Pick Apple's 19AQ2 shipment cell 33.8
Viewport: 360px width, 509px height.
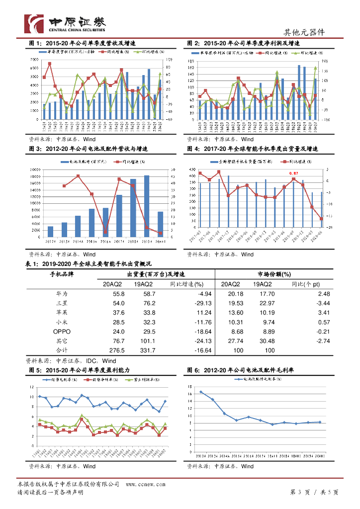[149, 313]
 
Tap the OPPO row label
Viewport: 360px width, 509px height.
[63, 332]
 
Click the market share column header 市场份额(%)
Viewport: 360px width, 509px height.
[274, 274]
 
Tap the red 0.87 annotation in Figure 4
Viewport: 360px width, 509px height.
[293, 172]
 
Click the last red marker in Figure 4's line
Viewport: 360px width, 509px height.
[321, 219]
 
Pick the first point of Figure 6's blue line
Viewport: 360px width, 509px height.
[201, 392]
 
